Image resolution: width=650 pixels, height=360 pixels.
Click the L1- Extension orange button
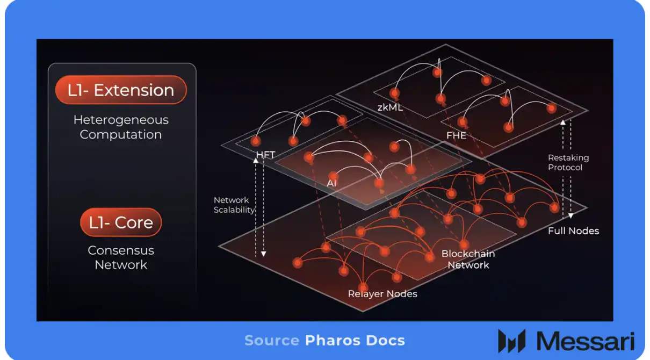121,90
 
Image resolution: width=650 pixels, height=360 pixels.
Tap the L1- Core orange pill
121,222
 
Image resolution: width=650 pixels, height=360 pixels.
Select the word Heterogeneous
121,120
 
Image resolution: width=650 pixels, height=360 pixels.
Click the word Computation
121,135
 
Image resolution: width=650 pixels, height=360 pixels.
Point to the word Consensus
121,250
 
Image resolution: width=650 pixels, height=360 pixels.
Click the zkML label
390,107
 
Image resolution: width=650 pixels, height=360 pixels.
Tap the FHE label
456,135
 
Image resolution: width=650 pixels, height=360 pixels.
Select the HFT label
265,154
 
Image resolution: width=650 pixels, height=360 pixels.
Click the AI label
331,183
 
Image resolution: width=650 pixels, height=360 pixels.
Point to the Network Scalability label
234,205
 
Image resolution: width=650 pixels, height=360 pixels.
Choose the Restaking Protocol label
568,163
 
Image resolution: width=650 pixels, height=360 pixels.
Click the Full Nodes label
573,231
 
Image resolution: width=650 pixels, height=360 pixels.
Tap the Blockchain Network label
468,260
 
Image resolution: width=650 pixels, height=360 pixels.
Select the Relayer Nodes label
382,294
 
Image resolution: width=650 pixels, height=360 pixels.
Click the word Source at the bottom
272,341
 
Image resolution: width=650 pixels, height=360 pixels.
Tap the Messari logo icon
512,341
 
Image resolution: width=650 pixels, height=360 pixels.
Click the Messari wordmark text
586,341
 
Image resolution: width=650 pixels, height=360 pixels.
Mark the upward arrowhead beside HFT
256,160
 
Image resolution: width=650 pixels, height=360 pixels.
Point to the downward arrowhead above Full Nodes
571,216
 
